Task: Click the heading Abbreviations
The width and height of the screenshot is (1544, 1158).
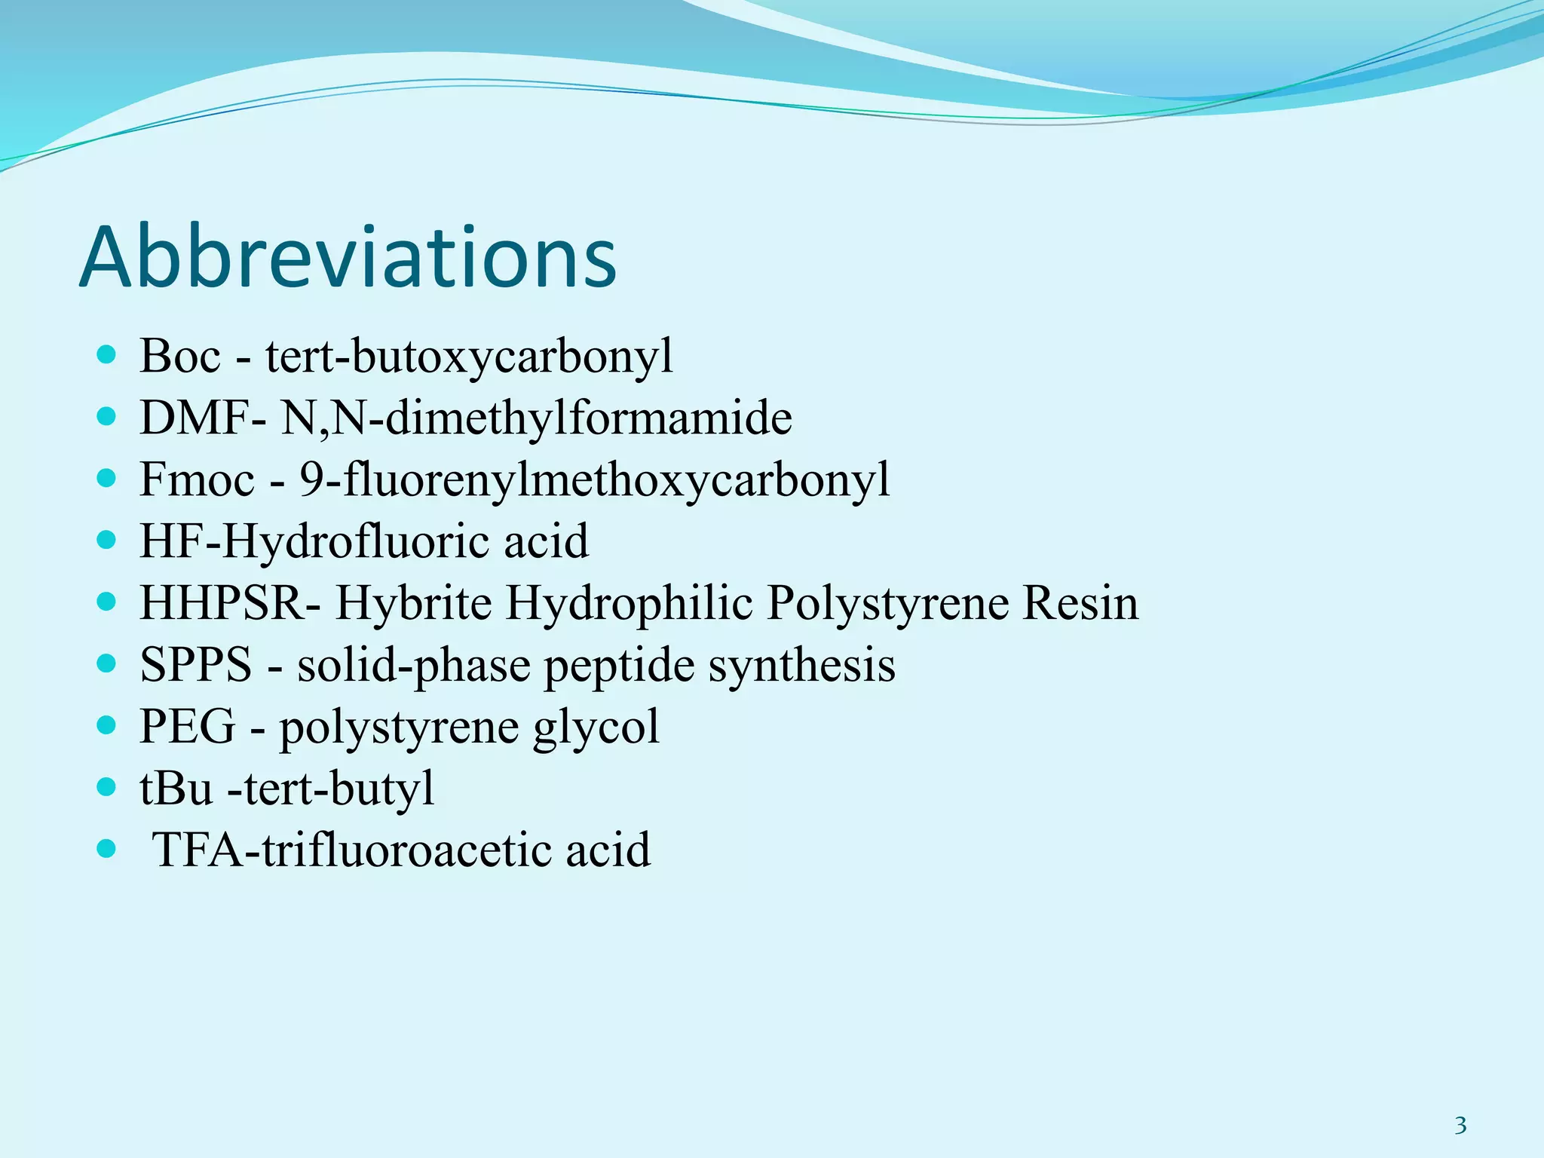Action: (348, 258)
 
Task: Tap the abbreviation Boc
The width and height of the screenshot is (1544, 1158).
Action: (180, 356)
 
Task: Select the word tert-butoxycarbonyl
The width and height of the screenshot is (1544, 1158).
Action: (469, 356)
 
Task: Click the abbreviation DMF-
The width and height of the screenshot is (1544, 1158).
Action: (202, 418)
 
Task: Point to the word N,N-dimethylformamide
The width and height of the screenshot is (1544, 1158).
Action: (536, 418)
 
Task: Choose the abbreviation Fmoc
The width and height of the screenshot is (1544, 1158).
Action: (197, 479)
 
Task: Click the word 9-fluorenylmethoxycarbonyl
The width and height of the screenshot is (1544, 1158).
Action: (594, 479)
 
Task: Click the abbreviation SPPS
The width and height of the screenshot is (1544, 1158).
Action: (195, 665)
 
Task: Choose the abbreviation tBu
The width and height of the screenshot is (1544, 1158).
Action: (176, 789)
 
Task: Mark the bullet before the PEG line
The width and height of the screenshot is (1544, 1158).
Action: (107, 725)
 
